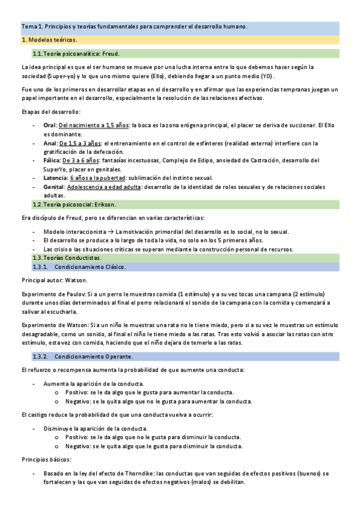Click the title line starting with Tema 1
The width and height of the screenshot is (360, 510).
134,26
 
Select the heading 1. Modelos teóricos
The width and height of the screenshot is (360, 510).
49,40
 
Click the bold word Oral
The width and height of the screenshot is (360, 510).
50,124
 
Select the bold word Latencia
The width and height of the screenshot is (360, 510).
55,179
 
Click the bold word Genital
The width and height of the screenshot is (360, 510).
54,188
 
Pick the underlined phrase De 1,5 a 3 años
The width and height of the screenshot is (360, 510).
80,144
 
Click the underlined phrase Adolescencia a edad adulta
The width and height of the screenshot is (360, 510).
105,188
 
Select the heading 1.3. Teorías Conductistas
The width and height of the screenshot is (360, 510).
67,257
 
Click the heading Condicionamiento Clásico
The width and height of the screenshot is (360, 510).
90,266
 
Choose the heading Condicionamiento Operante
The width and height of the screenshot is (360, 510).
93,357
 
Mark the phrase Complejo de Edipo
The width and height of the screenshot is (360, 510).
183,161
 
